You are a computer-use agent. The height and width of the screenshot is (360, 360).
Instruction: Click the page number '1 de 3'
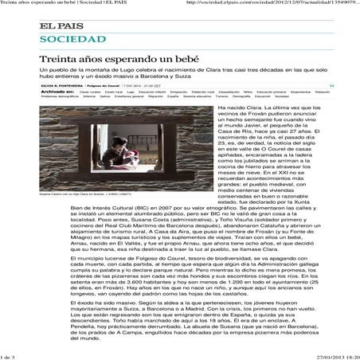point(10,356)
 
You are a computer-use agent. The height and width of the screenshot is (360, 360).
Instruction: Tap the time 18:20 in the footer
point(349,356)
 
